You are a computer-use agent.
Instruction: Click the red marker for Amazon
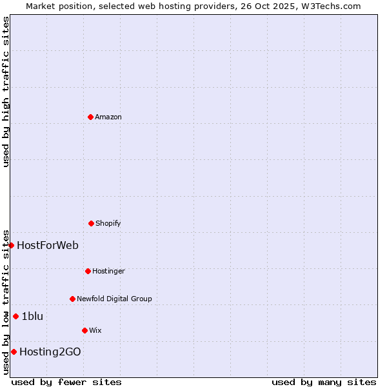[x=90, y=117]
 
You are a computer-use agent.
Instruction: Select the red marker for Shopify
[x=91, y=223]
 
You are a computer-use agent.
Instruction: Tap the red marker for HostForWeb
[x=11, y=245]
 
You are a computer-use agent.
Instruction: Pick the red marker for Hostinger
[x=88, y=271]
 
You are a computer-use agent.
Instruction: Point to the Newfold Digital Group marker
[x=72, y=299]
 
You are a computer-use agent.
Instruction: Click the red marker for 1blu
[x=15, y=316]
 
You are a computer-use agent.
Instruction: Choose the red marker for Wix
[x=84, y=330]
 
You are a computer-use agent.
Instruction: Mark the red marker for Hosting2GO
[x=14, y=352]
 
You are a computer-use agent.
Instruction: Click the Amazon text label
[x=108, y=117]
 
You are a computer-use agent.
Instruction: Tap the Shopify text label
[x=108, y=223]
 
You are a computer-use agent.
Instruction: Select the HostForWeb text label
[x=48, y=245]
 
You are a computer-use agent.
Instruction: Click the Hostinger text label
[x=108, y=271]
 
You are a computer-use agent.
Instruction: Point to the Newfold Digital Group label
[x=114, y=299]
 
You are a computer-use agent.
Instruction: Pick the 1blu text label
[x=32, y=316]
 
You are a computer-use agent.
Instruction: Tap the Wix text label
[x=95, y=330]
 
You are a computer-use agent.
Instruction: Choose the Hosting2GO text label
[x=50, y=352]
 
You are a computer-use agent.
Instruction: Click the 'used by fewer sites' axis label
[x=66, y=382]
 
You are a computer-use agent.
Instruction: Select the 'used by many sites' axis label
[x=324, y=382]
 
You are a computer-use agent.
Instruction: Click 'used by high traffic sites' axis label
[x=6, y=92]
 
